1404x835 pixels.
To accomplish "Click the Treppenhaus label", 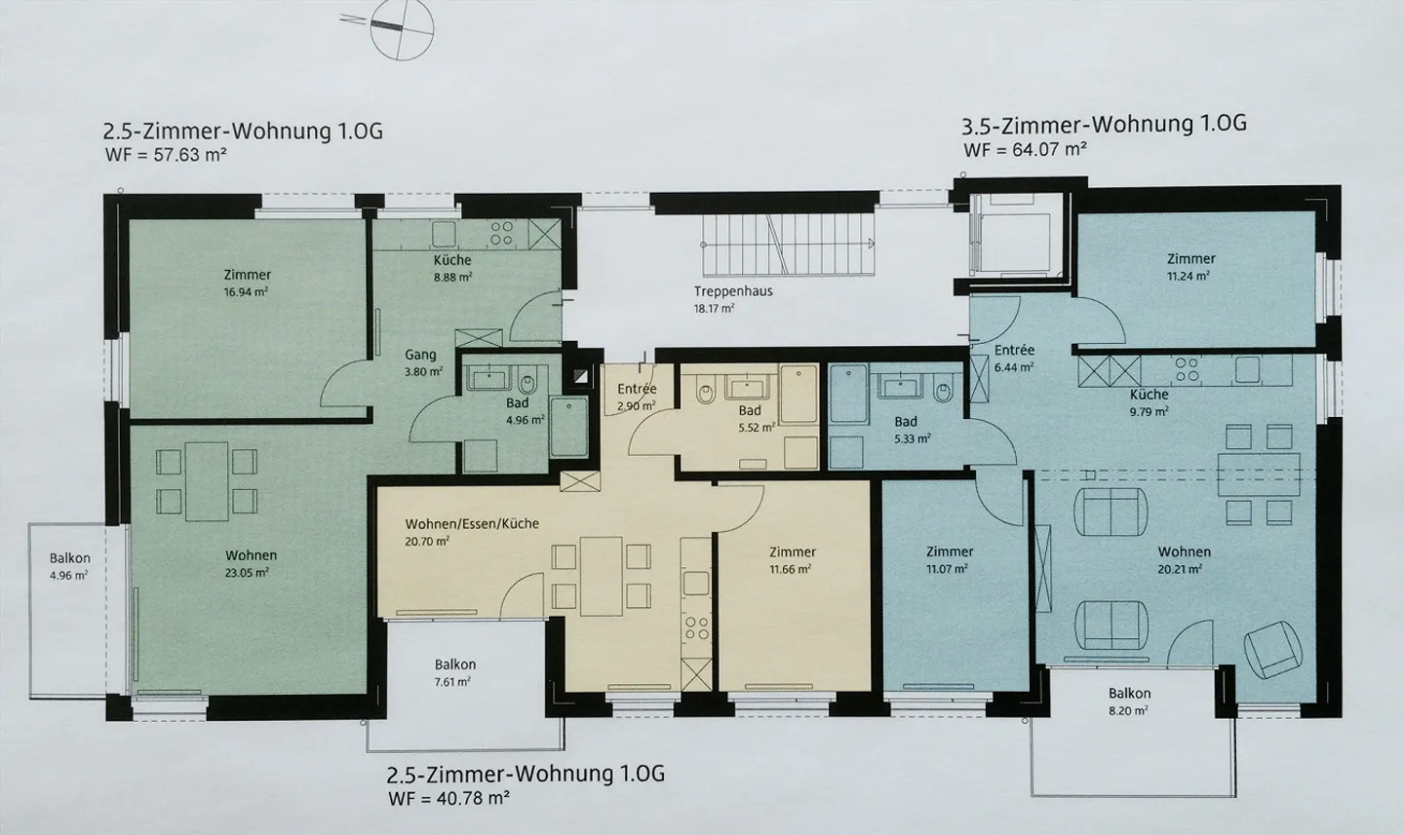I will tap(733, 291).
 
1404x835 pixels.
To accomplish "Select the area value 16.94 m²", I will tap(247, 291).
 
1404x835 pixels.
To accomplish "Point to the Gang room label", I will tap(421, 355).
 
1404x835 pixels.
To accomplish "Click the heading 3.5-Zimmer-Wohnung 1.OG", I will tap(1104, 125).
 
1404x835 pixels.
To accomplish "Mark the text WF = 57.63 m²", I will tap(165, 154).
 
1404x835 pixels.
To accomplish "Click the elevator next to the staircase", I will tap(1015, 238).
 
